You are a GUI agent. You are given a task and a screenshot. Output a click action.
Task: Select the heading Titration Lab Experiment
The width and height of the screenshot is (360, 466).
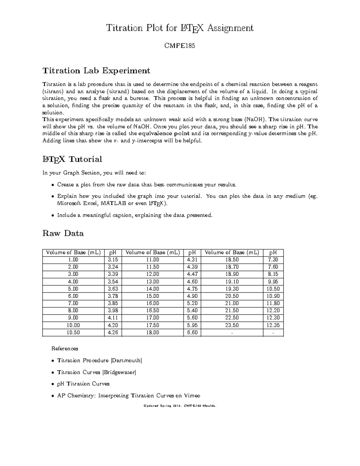[96, 71]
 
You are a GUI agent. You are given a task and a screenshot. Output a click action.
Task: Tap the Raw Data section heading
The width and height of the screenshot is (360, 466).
[63, 233]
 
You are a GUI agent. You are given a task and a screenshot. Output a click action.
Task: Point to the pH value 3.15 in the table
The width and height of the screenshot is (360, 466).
[113, 260]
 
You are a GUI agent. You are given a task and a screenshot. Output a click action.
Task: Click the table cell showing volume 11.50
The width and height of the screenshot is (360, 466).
[152, 267]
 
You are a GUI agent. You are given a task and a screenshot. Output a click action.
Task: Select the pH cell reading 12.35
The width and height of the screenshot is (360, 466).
[273, 325]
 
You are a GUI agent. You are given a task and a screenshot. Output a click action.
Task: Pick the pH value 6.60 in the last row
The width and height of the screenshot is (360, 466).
[192, 332]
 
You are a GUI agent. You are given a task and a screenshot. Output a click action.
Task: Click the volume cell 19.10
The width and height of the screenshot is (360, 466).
[232, 281]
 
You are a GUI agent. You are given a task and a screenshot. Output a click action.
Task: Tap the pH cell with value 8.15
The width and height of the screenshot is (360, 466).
[273, 274]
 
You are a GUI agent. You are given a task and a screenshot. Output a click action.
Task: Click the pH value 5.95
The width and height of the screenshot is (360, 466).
[192, 325]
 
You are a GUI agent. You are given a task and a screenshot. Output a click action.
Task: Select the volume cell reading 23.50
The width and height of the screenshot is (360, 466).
[232, 325]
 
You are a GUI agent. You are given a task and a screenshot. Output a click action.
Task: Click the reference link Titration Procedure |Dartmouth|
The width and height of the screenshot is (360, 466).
[99, 360]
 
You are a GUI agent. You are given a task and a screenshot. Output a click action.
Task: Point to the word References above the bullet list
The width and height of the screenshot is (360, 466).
[65, 349]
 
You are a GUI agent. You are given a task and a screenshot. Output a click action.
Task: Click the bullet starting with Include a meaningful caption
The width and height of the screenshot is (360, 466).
[134, 215]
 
